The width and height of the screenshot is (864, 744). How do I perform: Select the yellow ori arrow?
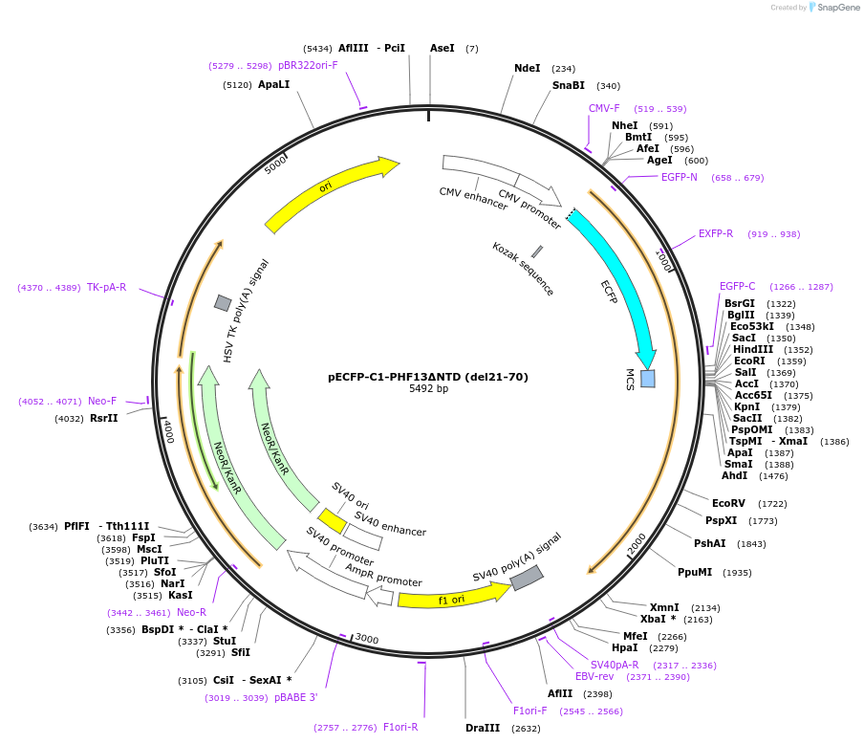[x=330, y=193]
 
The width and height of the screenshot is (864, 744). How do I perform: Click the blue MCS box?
[x=647, y=378]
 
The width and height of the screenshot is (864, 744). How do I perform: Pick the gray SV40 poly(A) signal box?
[x=527, y=578]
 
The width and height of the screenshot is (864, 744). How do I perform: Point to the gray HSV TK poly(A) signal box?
[x=223, y=303]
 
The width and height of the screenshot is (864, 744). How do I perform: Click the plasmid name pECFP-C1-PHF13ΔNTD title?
[x=427, y=377]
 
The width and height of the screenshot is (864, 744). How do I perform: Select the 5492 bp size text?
[x=428, y=389]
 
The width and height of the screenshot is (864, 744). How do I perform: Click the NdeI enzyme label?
[x=527, y=69]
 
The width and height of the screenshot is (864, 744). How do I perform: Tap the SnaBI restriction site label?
[x=568, y=86]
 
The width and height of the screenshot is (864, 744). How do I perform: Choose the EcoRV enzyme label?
[x=727, y=503]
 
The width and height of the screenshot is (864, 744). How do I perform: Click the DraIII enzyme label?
[x=483, y=729]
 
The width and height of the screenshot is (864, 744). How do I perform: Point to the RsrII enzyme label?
[x=103, y=418]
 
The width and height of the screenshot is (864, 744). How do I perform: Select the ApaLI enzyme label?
[x=273, y=85]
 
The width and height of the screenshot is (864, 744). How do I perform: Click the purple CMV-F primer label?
[x=604, y=109]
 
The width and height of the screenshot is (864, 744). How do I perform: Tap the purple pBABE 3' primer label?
[x=295, y=698]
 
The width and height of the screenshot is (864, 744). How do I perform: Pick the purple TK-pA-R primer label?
[x=106, y=288]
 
